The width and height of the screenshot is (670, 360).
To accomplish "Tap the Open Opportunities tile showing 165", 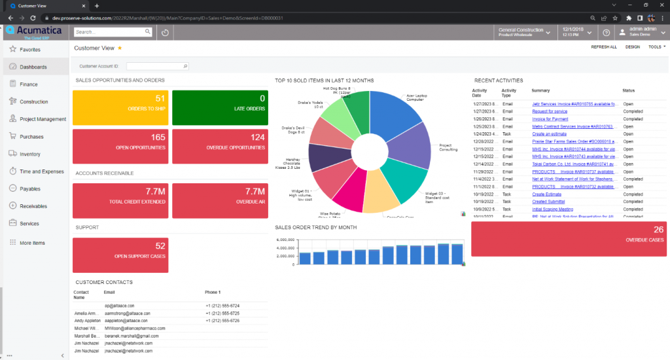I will (120, 146).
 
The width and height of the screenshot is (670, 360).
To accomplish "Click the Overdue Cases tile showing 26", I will (569, 238).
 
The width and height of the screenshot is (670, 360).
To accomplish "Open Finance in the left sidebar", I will (28, 84).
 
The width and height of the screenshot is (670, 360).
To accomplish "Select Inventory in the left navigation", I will (30, 154).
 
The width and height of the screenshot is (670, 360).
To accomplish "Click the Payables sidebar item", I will (30, 189).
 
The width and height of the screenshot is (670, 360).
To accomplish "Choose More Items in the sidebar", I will (32, 243).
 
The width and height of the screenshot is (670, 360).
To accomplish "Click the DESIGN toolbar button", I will (633, 47).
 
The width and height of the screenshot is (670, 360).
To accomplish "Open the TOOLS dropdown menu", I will (656, 47).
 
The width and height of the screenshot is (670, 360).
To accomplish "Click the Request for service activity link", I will (550, 111).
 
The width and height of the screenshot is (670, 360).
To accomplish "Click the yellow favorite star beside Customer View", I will (120, 48).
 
